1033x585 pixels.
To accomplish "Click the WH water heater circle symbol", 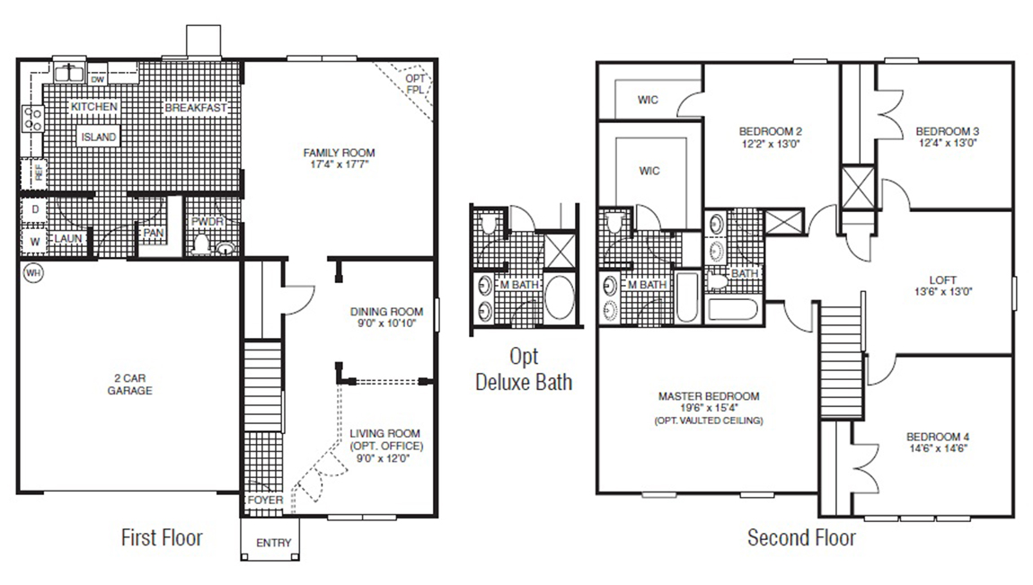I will click(32, 272).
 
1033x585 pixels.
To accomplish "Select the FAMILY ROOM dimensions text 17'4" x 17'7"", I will click(339, 165).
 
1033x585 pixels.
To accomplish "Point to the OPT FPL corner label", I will click(415, 84).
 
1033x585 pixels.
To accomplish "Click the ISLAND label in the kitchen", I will click(99, 137).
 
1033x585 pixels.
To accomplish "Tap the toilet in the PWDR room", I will click(202, 244).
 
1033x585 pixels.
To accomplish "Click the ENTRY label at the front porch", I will click(273, 544).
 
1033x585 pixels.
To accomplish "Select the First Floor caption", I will click(162, 537).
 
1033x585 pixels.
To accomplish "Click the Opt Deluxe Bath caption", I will click(523, 368).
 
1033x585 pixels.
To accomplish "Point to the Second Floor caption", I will click(801, 537).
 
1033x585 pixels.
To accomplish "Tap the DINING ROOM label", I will click(386, 312).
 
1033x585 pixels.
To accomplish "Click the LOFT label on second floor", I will click(943, 279).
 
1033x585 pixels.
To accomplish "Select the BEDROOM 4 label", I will click(938, 437).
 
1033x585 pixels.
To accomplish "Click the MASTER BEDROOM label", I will click(709, 395).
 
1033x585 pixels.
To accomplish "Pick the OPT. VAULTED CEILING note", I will click(709, 421).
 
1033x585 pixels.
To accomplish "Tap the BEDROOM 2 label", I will click(770, 129).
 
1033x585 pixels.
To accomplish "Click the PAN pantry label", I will click(150, 232).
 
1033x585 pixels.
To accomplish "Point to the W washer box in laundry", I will click(33, 241).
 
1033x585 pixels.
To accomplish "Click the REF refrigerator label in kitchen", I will click(39, 171).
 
